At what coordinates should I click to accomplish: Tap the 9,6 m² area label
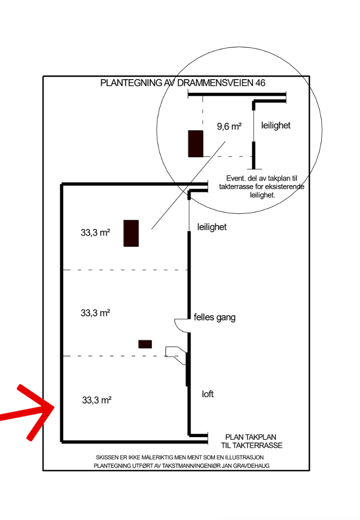point(229,127)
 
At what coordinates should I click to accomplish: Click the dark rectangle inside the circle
point(196,144)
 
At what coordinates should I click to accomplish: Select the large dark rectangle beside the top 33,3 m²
point(131,234)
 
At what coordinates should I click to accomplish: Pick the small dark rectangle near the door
point(145,344)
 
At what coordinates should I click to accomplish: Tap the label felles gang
point(215,318)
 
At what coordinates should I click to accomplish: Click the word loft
point(208,394)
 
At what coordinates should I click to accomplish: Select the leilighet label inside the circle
point(276,126)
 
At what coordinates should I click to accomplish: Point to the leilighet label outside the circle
point(212,227)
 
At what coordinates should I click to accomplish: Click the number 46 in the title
point(260,83)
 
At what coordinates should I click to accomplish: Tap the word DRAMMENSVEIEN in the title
point(215,83)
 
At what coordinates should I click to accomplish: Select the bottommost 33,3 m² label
point(97,400)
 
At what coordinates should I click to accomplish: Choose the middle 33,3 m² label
point(95,313)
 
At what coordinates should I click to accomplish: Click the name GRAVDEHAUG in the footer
point(251,465)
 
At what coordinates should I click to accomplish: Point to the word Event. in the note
point(236,178)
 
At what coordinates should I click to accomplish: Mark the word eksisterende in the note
point(284,187)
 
